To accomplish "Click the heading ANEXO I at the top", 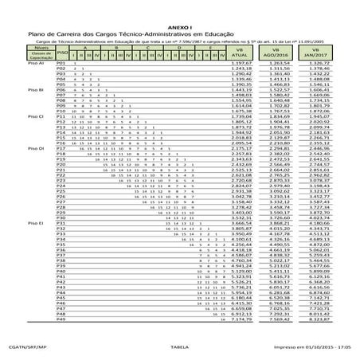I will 179,27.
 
